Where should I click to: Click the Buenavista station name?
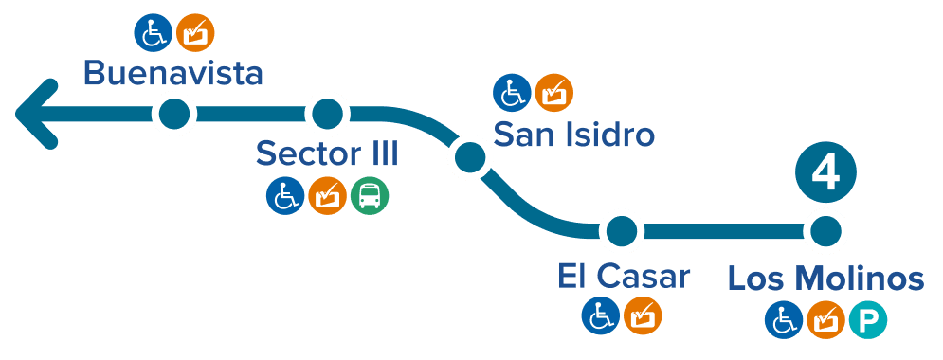172,73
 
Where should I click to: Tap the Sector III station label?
327,153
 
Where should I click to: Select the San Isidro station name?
575,135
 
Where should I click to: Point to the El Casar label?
624,278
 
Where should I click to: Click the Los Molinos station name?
825,279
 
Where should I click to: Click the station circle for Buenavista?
173,115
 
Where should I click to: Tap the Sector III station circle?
328,115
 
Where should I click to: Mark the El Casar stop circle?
622,230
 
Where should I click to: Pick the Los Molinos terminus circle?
825,230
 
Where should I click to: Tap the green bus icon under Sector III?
369,197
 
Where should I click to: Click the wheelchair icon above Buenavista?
152,32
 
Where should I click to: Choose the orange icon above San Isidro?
553,93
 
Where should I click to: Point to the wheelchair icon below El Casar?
600,315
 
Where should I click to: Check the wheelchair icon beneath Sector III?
284,197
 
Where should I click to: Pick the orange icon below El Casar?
643,315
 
